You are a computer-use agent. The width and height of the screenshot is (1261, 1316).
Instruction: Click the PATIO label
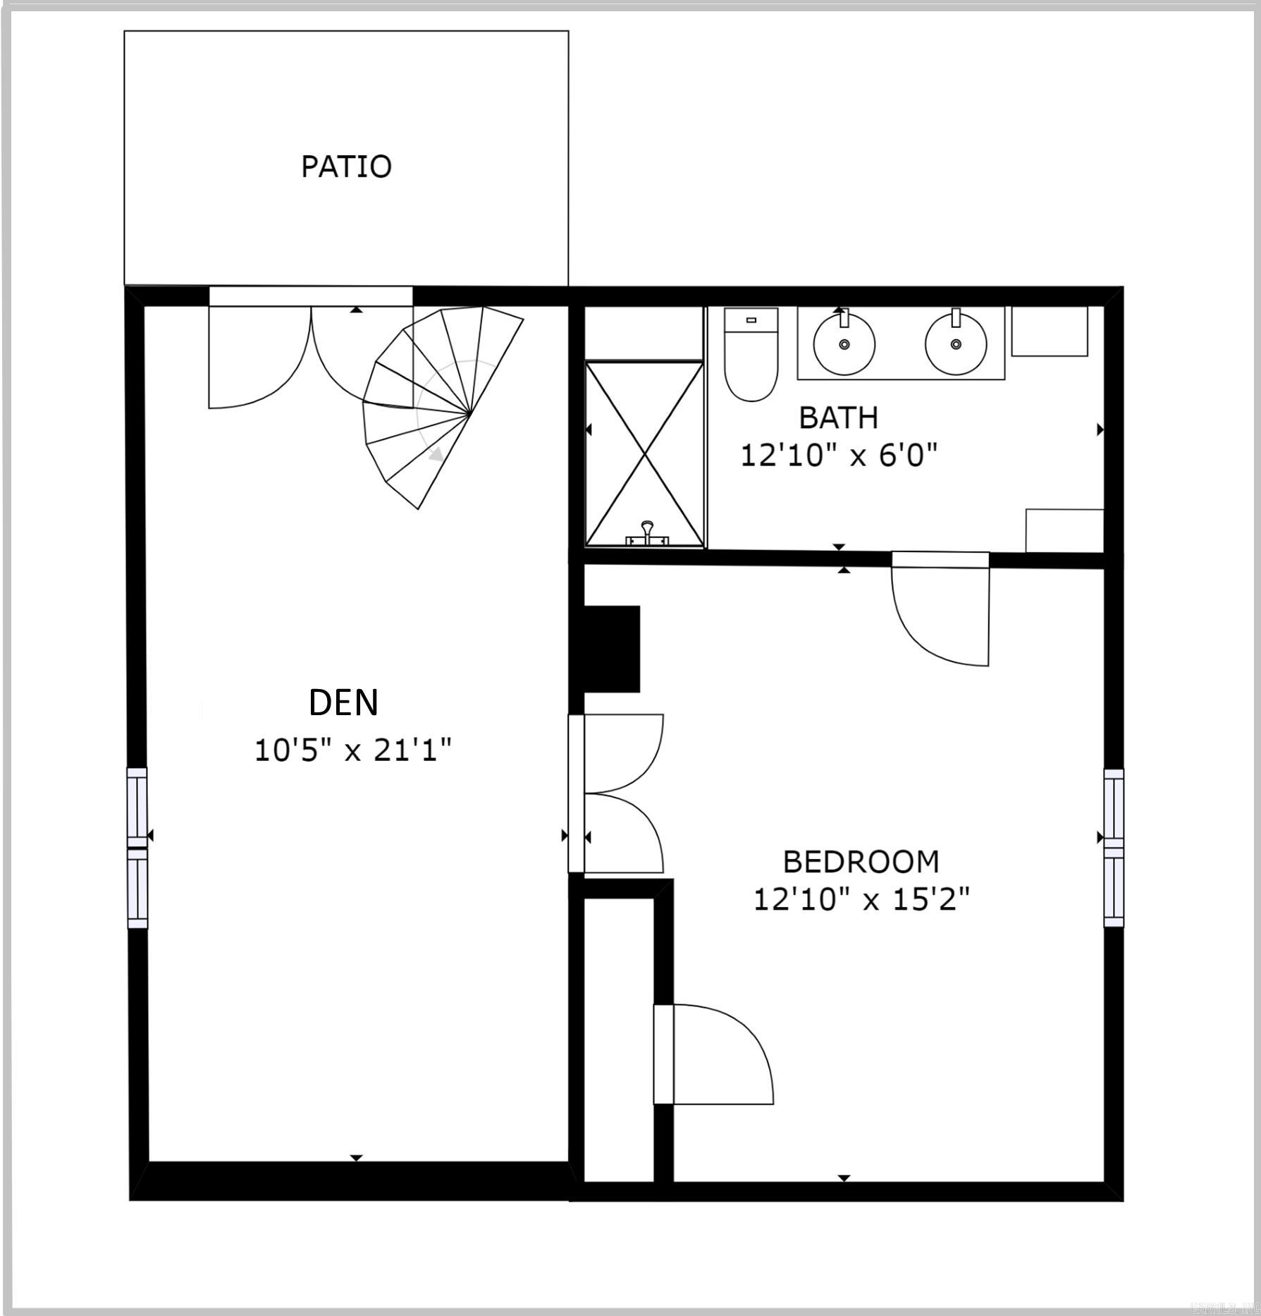pyautogui.click(x=346, y=166)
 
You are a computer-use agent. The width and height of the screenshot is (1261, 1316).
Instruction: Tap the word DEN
pyautogui.click(x=343, y=702)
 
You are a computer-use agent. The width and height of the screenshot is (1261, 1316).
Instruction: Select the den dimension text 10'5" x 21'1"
pyautogui.click(x=352, y=750)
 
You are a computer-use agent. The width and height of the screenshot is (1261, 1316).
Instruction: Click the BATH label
pyautogui.click(x=838, y=418)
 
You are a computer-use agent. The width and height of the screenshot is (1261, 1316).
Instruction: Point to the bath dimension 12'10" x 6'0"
pyautogui.click(x=839, y=456)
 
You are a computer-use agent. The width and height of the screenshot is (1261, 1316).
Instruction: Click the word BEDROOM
pyautogui.click(x=861, y=862)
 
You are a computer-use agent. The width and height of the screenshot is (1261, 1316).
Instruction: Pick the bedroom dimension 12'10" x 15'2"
pyautogui.click(x=861, y=900)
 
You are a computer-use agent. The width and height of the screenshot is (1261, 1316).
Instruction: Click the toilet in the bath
pyautogui.click(x=751, y=355)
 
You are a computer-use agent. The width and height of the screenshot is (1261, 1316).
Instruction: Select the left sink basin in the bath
pyautogui.click(x=844, y=344)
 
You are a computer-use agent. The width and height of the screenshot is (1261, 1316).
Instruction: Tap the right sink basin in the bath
pyautogui.click(x=956, y=344)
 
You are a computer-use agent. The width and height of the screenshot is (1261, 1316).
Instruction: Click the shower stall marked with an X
pyautogui.click(x=644, y=454)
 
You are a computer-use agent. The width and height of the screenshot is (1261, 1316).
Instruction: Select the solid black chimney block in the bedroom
pyautogui.click(x=610, y=649)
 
